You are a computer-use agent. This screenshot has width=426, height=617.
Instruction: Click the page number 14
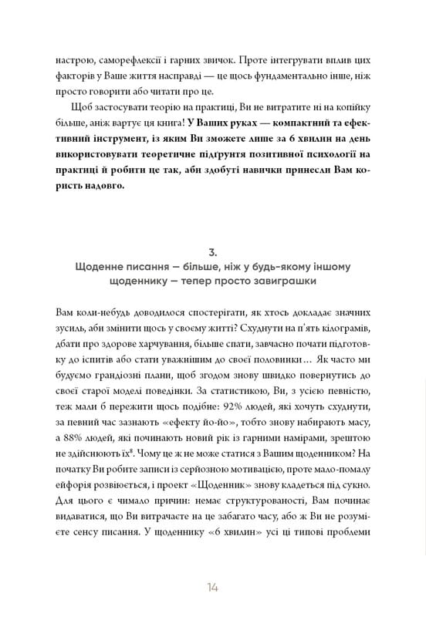pos(212,588)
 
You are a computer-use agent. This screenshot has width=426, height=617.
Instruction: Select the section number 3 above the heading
pos(212,251)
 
